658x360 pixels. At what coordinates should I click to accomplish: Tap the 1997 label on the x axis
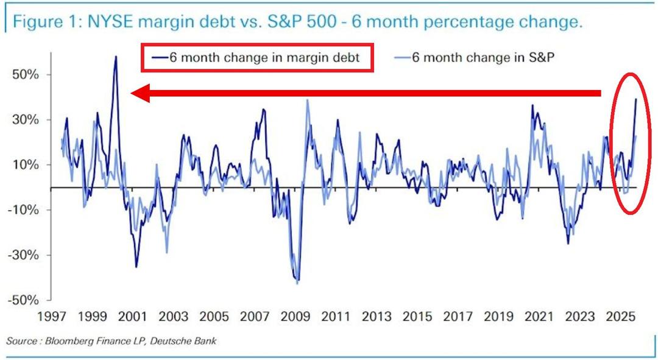coord(51,317)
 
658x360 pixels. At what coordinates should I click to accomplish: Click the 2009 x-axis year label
coord(296,317)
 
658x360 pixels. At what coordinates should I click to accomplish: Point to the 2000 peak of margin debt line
coord(116,57)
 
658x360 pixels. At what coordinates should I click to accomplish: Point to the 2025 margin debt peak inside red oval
coord(636,99)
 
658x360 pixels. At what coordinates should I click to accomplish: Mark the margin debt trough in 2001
coord(136,267)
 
